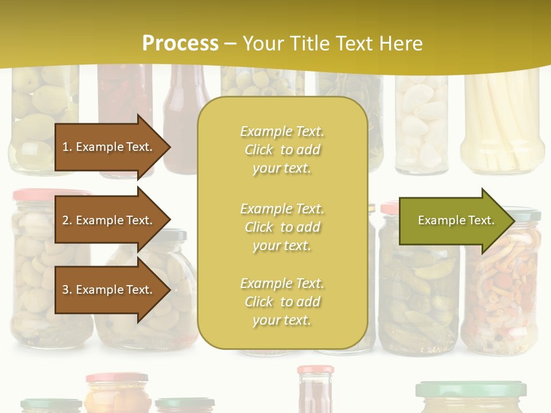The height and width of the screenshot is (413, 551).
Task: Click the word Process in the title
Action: (180, 43)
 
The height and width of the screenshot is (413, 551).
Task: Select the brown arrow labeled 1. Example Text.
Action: (109, 147)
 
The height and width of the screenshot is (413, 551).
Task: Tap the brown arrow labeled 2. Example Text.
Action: (109, 220)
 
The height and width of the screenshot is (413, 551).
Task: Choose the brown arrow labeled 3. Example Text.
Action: (109, 290)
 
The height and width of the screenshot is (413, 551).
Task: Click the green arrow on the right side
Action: (453, 221)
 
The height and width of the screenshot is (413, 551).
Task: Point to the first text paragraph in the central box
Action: (282, 150)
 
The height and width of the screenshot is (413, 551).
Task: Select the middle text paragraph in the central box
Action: (282, 227)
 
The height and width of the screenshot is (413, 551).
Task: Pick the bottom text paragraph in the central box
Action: (282, 302)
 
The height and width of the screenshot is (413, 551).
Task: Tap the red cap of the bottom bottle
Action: (315, 370)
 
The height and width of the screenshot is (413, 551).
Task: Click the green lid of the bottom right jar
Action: (471, 389)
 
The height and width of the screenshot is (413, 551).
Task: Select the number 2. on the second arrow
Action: (67, 220)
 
